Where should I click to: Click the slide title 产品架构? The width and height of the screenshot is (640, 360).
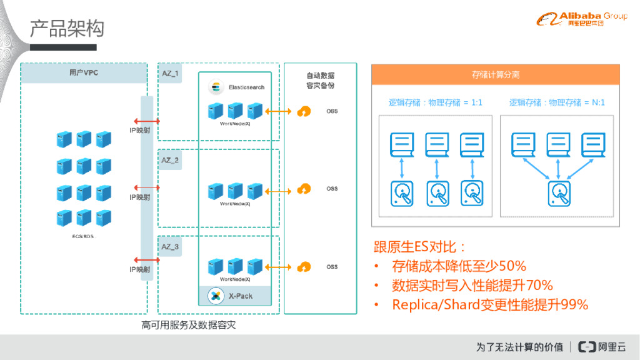(67, 28)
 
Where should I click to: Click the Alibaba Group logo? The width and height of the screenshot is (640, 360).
(581, 19)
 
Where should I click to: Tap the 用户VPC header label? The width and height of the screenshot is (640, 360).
(84, 73)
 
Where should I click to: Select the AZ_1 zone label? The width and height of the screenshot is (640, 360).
(170, 73)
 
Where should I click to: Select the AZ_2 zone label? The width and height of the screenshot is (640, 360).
(170, 160)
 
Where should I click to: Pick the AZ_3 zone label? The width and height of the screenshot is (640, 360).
(170, 247)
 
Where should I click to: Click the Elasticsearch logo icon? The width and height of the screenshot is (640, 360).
(217, 86)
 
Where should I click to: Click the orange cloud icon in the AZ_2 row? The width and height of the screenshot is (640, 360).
(304, 189)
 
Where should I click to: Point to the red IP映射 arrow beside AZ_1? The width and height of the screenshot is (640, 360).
(146, 121)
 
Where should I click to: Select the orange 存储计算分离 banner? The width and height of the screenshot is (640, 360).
(496, 74)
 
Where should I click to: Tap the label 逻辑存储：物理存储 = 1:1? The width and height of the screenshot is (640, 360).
(435, 102)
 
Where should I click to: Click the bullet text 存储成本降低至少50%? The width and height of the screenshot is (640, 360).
(459, 266)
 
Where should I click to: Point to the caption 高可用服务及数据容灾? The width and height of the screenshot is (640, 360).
(188, 325)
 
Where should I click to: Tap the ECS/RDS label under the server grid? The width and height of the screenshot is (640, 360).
(84, 237)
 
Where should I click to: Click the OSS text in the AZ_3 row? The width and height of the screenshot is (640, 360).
(332, 267)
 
